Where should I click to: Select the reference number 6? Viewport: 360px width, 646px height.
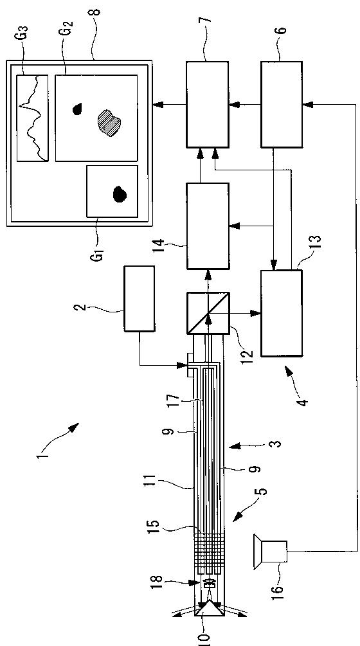[283, 30]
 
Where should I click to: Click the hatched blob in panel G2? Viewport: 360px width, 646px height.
[109, 121]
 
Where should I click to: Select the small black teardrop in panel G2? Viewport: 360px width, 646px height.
[77, 109]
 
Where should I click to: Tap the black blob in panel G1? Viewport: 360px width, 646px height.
[120, 193]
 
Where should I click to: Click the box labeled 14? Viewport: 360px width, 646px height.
[208, 226]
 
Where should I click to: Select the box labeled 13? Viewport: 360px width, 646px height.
[282, 313]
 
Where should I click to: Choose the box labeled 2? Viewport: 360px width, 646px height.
[139, 298]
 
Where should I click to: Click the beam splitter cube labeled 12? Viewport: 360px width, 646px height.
[208, 313]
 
